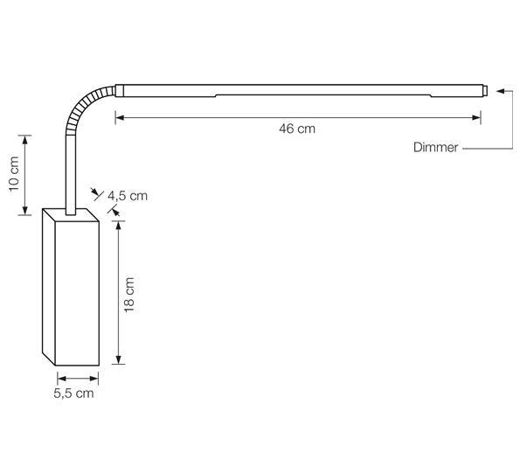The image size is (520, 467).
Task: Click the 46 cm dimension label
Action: (x=297, y=129)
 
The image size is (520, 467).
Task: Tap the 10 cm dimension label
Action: (x=12, y=175)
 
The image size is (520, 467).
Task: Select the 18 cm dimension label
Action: (x=129, y=294)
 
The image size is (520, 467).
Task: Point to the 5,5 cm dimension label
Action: (x=73, y=394)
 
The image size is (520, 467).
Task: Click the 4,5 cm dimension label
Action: (x=128, y=196)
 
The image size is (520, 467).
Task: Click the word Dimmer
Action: (x=435, y=148)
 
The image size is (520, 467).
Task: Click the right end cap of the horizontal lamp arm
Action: (x=482, y=89)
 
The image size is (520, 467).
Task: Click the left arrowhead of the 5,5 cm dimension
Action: (x=60, y=378)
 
